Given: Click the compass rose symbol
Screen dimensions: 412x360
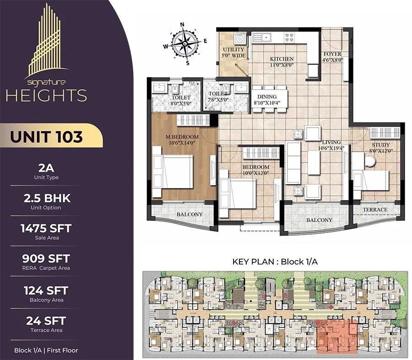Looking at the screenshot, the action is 185,43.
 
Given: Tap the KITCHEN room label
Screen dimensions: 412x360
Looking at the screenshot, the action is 282,59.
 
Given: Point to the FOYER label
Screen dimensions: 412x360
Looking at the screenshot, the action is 332,54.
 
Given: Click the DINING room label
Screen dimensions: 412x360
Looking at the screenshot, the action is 267,97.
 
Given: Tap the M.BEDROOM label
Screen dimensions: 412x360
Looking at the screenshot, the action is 182,137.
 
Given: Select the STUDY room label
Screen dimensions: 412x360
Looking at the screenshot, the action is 381,145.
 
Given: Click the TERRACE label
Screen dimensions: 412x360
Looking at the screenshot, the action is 375,210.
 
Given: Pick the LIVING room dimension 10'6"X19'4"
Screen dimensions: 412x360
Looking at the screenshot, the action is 331,148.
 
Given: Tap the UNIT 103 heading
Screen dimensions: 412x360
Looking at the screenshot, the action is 47,137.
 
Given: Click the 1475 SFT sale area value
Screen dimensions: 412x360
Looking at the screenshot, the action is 46,228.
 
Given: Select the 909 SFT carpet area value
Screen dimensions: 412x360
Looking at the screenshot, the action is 46,258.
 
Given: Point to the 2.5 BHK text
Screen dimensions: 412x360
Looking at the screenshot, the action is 47,198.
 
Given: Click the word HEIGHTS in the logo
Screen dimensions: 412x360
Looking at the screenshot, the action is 46,95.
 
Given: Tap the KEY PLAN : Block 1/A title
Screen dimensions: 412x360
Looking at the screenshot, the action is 275,262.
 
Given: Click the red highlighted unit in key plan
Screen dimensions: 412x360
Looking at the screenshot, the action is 337,335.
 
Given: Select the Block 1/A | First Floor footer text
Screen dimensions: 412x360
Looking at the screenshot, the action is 46,350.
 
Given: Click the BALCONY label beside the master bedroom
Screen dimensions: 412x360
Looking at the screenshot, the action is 190,214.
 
